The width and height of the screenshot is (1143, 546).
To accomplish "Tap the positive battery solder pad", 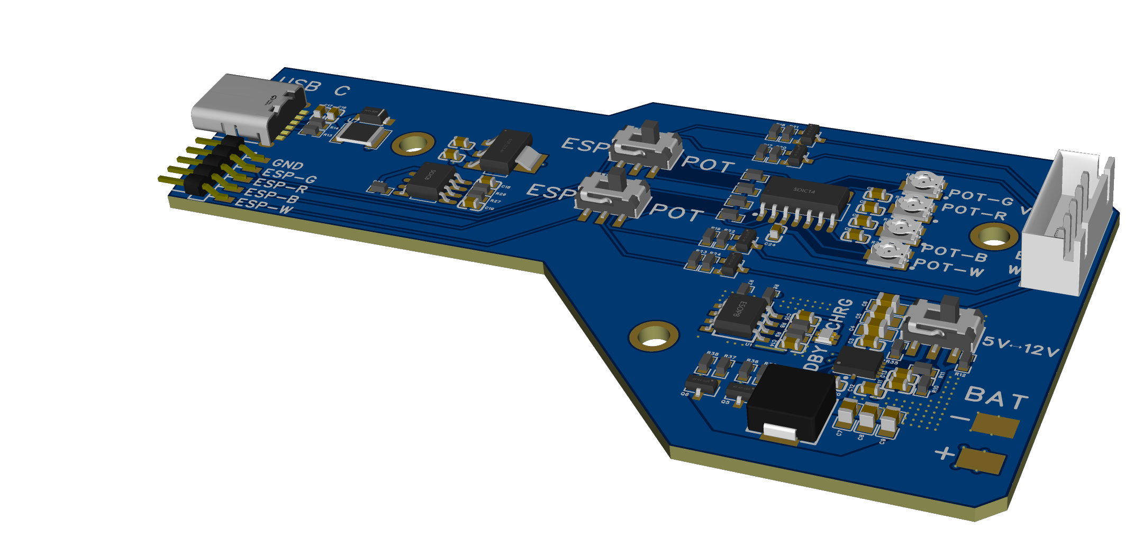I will click(x=981, y=460).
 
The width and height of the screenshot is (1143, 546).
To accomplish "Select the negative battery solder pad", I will click(x=995, y=425).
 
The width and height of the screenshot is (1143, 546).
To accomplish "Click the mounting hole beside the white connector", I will click(x=994, y=236).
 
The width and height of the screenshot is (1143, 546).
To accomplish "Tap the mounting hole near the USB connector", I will click(x=413, y=143).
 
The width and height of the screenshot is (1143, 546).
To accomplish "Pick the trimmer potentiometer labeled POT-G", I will click(x=924, y=183).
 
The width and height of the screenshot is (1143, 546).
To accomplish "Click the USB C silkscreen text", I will click(x=314, y=87).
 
